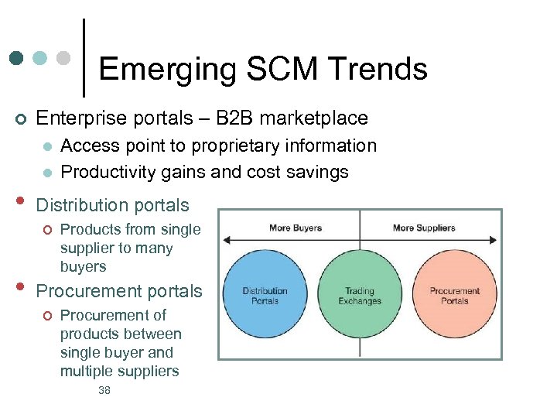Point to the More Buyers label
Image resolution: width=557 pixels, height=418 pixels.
296,228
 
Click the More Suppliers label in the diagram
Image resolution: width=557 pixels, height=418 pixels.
424,228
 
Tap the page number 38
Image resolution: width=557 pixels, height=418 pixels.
104,391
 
